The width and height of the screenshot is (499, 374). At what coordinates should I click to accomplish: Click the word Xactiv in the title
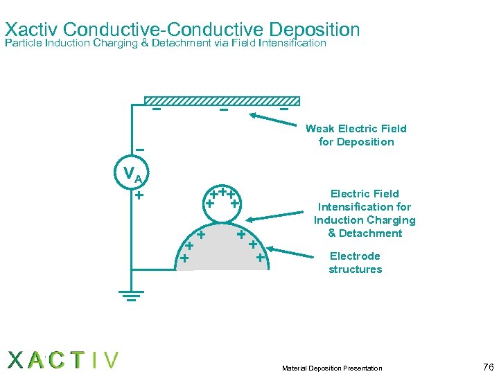pyautogui.click(x=35, y=30)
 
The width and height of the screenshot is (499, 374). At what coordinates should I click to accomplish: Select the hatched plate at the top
pyautogui.click(x=226, y=100)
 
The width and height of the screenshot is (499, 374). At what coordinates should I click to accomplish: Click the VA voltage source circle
pyautogui.click(x=132, y=175)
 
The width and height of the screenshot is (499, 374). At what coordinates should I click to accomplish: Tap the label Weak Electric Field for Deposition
pyautogui.click(x=356, y=135)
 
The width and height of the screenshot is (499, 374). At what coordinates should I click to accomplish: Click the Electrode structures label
pyautogui.click(x=355, y=262)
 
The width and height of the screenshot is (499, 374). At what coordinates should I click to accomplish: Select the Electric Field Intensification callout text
pyautogui.click(x=365, y=213)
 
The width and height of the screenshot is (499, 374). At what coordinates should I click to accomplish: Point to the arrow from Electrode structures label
pyautogui.click(x=292, y=252)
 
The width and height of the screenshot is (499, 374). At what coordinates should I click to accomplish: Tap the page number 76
pyautogui.click(x=488, y=366)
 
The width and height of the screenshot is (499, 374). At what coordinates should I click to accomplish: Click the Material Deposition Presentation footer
pyautogui.click(x=332, y=368)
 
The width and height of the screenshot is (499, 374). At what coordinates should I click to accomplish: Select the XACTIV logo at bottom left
pyautogui.click(x=63, y=360)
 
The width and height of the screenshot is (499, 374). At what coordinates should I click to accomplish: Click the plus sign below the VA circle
pyautogui.click(x=139, y=195)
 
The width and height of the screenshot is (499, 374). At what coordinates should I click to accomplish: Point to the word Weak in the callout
pyautogui.click(x=320, y=128)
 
